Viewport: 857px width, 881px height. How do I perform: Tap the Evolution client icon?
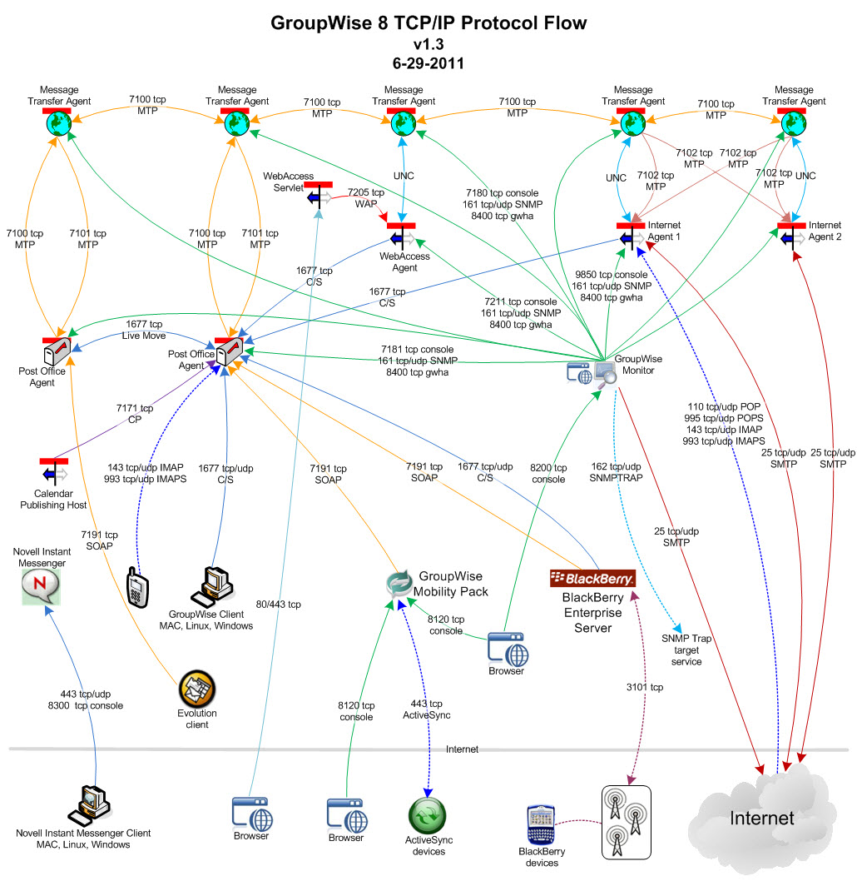[x=197, y=689]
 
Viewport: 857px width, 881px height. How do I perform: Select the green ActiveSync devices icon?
[x=428, y=815]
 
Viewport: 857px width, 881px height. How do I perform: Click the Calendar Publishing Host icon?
[x=54, y=471]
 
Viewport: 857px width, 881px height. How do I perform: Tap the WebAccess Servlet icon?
[x=319, y=195]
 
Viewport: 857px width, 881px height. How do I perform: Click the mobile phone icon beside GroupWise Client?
[x=136, y=588]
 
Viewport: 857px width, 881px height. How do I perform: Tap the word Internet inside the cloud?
[x=761, y=818]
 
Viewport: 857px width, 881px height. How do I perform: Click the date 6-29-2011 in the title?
[x=428, y=62]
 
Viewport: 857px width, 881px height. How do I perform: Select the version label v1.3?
[x=428, y=43]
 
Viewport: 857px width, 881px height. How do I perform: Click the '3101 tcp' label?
[x=645, y=687]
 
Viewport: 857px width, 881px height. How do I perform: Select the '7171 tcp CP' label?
[x=135, y=414]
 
